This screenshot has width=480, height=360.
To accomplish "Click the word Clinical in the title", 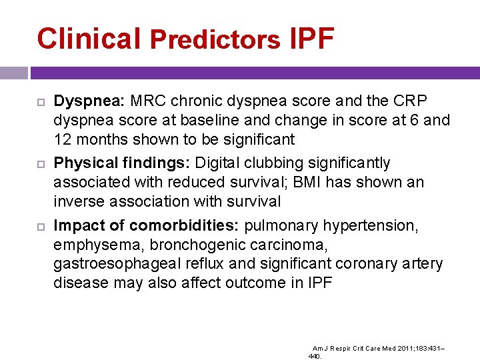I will pyautogui.click(x=89, y=39).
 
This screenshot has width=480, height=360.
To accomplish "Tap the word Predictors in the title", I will pyautogui.click(x=215, y=40).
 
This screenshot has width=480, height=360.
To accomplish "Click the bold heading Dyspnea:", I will pyautogui.click(x=89, y=101).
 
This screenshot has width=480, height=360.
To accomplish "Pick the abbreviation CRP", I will pyautogui.click(x=407, y=101).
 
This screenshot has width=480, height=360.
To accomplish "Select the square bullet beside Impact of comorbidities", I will pyautogui.click(x=38, y=226).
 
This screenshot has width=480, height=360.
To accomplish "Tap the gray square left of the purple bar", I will pyautogui.click(x=14, y=73).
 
